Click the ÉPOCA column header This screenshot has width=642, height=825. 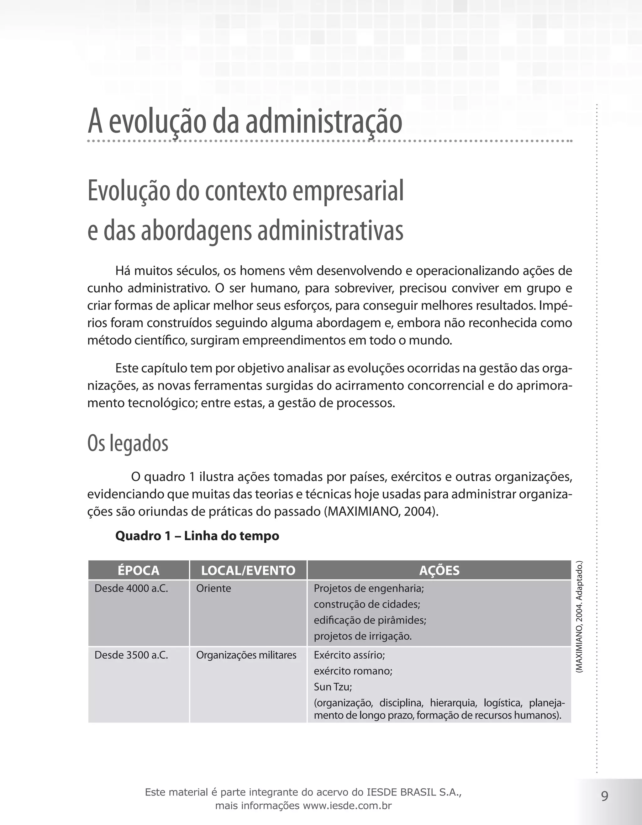138,570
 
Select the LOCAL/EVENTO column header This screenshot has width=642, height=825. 248,570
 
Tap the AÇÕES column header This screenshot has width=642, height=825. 439,570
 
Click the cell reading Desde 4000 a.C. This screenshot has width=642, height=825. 131,589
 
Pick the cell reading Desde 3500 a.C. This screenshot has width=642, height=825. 131,655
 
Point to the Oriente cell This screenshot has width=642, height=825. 213,589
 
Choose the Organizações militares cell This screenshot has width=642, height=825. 246,655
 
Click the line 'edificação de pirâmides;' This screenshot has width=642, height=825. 370,620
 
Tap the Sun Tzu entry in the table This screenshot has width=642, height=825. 333,687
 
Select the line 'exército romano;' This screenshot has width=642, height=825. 353,671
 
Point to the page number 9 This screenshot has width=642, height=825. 605,796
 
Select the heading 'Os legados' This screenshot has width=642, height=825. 128,443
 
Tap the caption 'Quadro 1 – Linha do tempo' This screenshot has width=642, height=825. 197,536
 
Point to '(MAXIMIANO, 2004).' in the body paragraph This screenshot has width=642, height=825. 382,511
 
